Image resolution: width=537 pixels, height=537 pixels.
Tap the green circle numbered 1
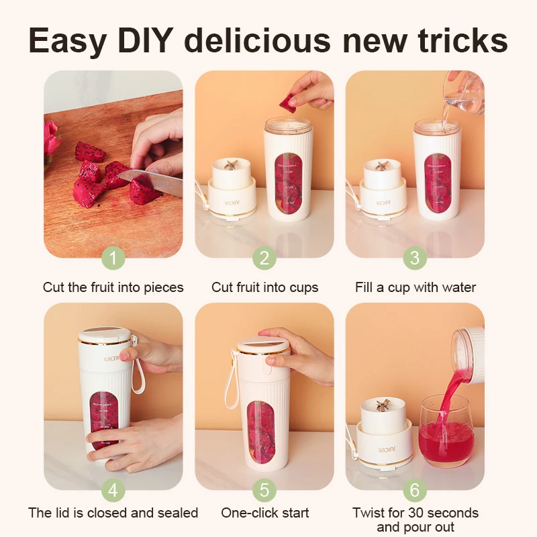pos(113,258)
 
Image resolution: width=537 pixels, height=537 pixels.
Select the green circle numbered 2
pos(264,258)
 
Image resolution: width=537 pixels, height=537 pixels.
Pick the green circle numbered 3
pos(415,258)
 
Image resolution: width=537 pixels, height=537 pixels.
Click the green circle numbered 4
pos(113,490)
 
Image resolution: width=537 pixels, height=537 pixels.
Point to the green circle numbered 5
pos(264,490)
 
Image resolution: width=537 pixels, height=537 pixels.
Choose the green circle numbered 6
pos(415,490)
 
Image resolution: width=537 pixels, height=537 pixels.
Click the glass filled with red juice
pos(446,436)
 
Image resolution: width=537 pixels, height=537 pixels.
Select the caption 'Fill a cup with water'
pos(415,287)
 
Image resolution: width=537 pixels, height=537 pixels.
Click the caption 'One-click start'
pos(264,513)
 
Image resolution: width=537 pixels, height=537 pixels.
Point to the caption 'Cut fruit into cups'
pos(264,287)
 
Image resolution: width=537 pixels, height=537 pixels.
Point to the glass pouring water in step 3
pos(463,99)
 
